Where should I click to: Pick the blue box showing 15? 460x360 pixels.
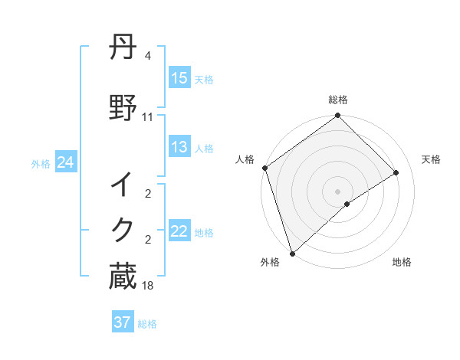coord(179,78)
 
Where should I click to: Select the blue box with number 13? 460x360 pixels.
coord(179,148)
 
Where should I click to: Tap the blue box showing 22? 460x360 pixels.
coord(179,232)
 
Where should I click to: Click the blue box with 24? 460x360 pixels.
coord(66,162)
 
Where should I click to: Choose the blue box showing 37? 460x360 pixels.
coord(123,322)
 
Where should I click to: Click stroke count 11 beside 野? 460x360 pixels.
coord(148,117)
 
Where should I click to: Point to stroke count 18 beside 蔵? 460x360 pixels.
coord(148,286)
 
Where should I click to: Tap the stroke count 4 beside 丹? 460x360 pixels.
coord(148,56)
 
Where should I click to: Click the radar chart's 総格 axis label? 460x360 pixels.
coord(338,100)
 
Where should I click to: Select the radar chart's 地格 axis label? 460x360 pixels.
coord(402,262)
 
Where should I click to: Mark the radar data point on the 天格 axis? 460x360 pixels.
coord(396,172)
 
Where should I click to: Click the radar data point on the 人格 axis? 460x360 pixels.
coord(264,168)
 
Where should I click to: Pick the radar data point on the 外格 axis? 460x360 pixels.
coord(291,253)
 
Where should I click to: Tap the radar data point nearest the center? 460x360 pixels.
coord(347,204)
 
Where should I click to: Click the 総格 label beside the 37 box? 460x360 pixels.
coord(147,324)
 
